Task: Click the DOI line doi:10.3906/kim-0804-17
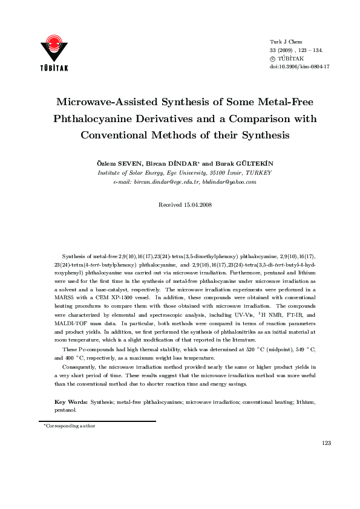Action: click(x=299, y=66)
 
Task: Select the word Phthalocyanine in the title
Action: click(x=94, y=118)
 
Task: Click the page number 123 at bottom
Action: click(x=326, y=443)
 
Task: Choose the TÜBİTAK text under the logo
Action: click(x=54, y=68)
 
